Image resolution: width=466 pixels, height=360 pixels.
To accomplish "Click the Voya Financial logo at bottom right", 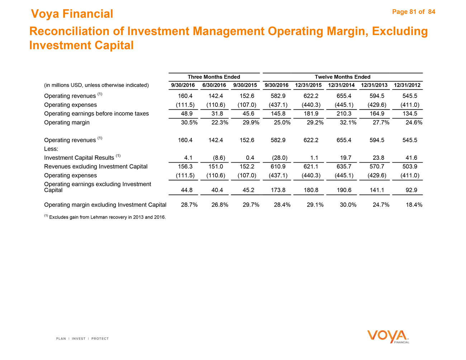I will pyautogui.click(x=388, y=337).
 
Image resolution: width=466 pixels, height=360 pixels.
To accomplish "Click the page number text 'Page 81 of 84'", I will pyautogui.click(x=414, y=12).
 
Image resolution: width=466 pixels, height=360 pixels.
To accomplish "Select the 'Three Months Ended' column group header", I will pyautogui.click(x=214, y=77).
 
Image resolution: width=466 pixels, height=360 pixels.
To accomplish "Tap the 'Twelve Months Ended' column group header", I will pyautogui.click(x=342, y=77).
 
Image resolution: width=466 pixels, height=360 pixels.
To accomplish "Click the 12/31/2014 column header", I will pyautogui.click(x=341, y=85).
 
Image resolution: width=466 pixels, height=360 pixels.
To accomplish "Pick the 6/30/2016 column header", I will pyautogui.click(x=214, y=85).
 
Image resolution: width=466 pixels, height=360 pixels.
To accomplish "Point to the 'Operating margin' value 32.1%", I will pyautogui.click(x=347, y=123).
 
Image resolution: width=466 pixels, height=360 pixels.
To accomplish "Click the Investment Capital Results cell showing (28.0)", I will pyautogui.click(x=277, y=158).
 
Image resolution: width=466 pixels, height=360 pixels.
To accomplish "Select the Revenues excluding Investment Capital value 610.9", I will pyautogui.click(x=278, y=167).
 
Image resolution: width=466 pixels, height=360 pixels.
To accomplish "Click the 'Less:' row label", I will pyautogui.click(x=51, y=149).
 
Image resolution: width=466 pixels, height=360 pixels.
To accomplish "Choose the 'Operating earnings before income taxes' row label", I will pyautogui.click(x=96, y=114).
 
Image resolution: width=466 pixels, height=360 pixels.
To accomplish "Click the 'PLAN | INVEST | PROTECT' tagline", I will pyautogui.click(x=82, y=339).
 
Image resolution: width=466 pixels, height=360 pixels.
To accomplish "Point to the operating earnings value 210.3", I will pyautogui.click(x=344, y=114).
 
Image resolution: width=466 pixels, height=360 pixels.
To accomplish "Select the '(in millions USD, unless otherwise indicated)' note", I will pyautogui.click(x=96, y=85).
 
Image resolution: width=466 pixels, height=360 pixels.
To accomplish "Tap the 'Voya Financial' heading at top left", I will pyautogui.click(x=72, y=14).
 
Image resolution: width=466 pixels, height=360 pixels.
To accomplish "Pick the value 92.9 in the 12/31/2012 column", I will pyautogui.click(x=410, y=190).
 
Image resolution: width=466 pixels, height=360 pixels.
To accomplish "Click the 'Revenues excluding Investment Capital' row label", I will pyautogui.click(x=96, y=167).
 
